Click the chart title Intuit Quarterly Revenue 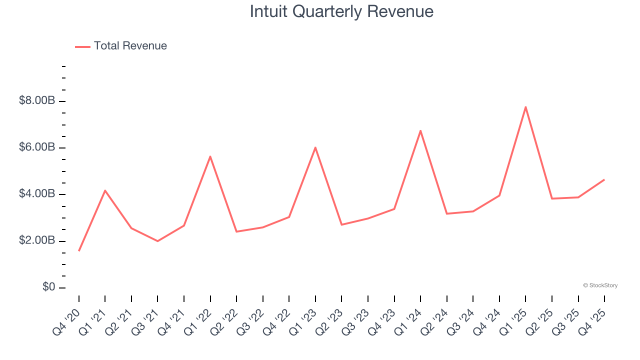click(341, 11)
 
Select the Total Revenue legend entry click(121, 46)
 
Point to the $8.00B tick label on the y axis click(37, 101)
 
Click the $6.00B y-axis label click(37, 147)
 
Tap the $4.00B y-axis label click(37, 194)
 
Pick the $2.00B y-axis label click(37, 240)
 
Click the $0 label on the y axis click(49, 287)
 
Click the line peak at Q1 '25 click(525, 107)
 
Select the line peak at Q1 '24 click(420, 130)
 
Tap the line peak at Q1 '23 click(315, 147)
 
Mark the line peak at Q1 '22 click(210, 156)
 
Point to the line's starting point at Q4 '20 click(79, 250)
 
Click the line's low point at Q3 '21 click(157, 241)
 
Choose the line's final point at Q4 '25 click(604, 179)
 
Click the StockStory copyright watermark click(600, 285)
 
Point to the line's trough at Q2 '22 click(236, 231)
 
